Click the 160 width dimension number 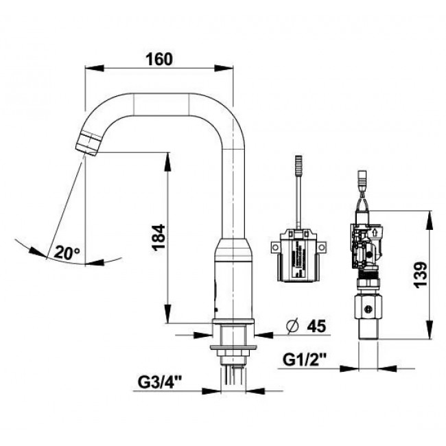pos(159,59)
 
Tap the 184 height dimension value pos(159,237)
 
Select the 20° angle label pos(67,253)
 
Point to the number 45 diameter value pos(316,326)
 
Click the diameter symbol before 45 pos(293,327)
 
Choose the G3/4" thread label pos(160,382)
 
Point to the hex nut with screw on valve pos(368,308)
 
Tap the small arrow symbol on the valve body pos(375,233)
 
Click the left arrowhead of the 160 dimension pos(95,68)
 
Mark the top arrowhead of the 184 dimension pos(168,163)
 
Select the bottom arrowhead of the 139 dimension pos(430,329)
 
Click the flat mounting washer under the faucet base pos(233,347)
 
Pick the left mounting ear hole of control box pos(275,248)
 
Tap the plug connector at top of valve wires pos(363,178)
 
